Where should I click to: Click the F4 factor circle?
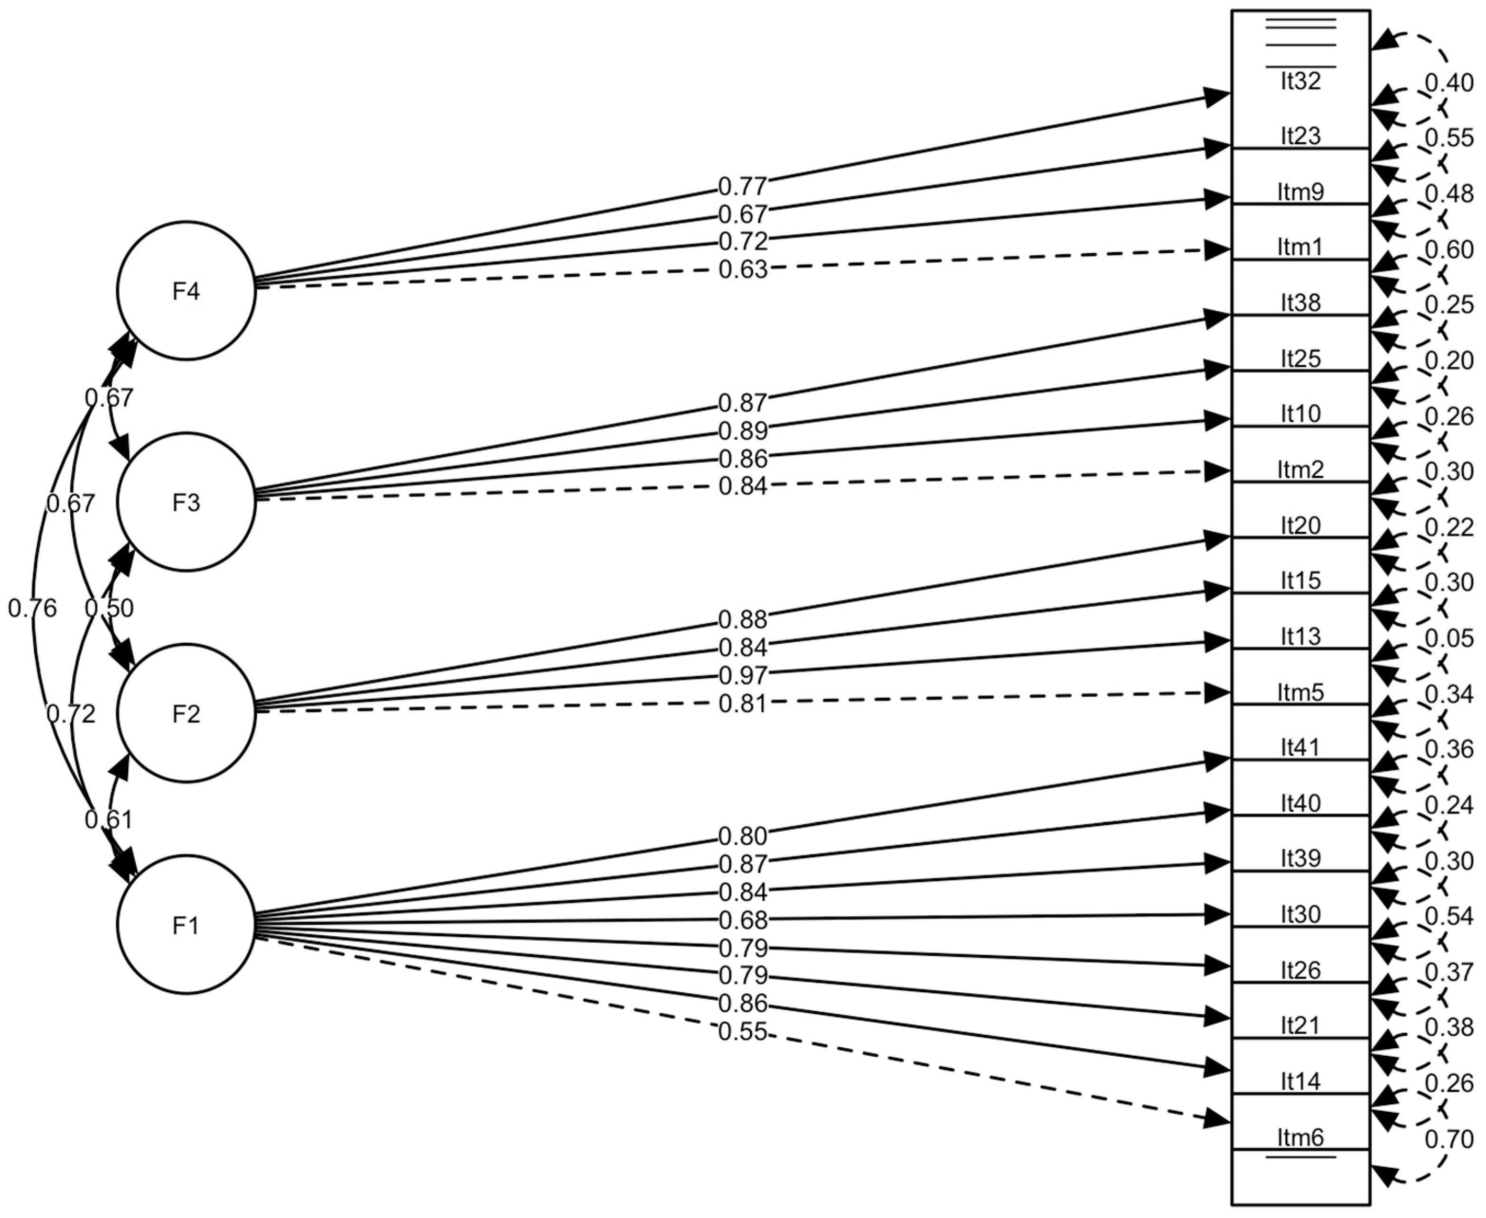[x=186, y=290]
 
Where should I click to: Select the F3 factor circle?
[x=186, y=502]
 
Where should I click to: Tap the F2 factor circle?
[x=186, y=713]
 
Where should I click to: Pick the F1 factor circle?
[x=186, y=925]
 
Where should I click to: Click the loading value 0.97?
[x=743, y=675]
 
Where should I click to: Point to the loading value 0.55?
[x=743, y=1032]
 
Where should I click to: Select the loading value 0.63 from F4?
[x=743, y=269]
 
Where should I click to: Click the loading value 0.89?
[x=743, y=430]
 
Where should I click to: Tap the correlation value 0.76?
[x=32, y=608]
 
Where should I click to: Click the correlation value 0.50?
[x=109, y=608]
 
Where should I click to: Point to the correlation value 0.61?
[x=109, y=819]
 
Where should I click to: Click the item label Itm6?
[x=1300, y=1136]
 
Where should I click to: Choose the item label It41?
[x=1300, y=747]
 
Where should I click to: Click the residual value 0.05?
[x=1449, y=638]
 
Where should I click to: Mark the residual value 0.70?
[x=1449, y=1139]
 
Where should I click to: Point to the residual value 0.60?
[x=1449, y=249]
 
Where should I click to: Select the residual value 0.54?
[x=1449, y=915]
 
